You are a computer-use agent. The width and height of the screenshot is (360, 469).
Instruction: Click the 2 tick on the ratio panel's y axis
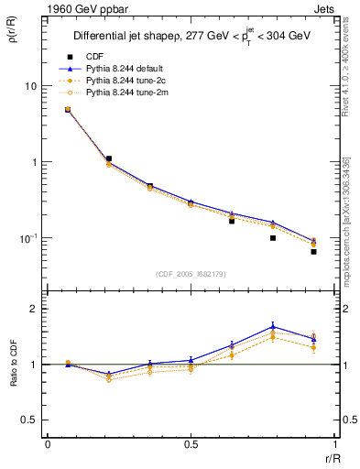[34, 310]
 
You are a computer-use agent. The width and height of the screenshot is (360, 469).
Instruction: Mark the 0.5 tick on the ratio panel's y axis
[30, 420]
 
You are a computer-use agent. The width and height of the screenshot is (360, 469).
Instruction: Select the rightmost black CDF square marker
[313, 252]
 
